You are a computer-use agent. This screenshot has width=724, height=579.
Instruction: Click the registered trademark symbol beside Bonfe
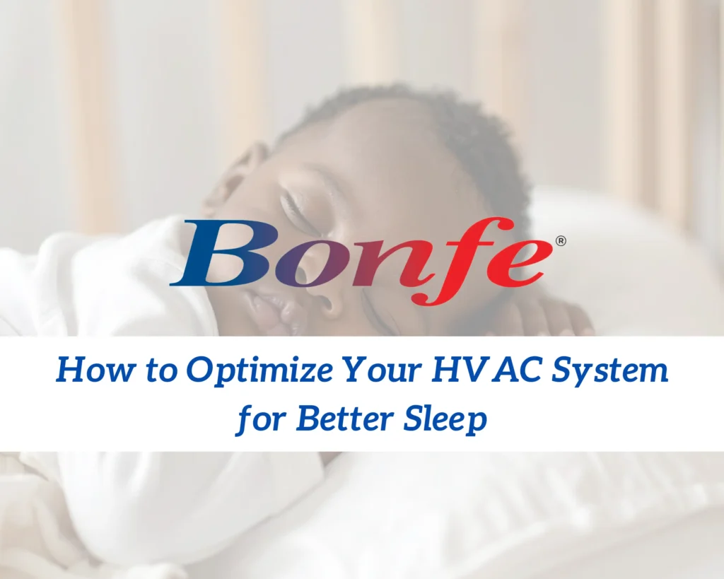pyautogui.click(x=561, y=242)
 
